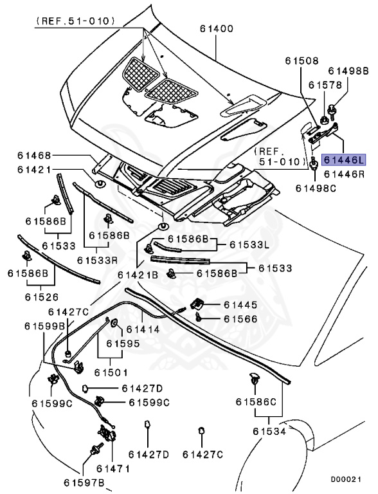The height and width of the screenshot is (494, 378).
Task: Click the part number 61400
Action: click(x=216, y=29)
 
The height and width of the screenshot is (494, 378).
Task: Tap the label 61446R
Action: click(x=344, y=174)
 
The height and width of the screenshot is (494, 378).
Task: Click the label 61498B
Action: click(x=348, y=71)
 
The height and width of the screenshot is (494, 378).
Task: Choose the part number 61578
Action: click(x=323, y=84)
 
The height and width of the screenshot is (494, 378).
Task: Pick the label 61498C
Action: click(x=315, y=188)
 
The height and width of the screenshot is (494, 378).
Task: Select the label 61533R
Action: click(x=97, y=260)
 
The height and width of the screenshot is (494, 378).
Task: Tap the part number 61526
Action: click(x=42, y=297)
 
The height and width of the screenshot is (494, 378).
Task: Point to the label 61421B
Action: click(x=138, y=275)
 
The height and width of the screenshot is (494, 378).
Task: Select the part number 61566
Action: click(x=240, y=318)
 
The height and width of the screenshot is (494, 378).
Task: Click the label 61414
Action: click(x=143, y=329)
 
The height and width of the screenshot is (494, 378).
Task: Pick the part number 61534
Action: click(x=269, y=431)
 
